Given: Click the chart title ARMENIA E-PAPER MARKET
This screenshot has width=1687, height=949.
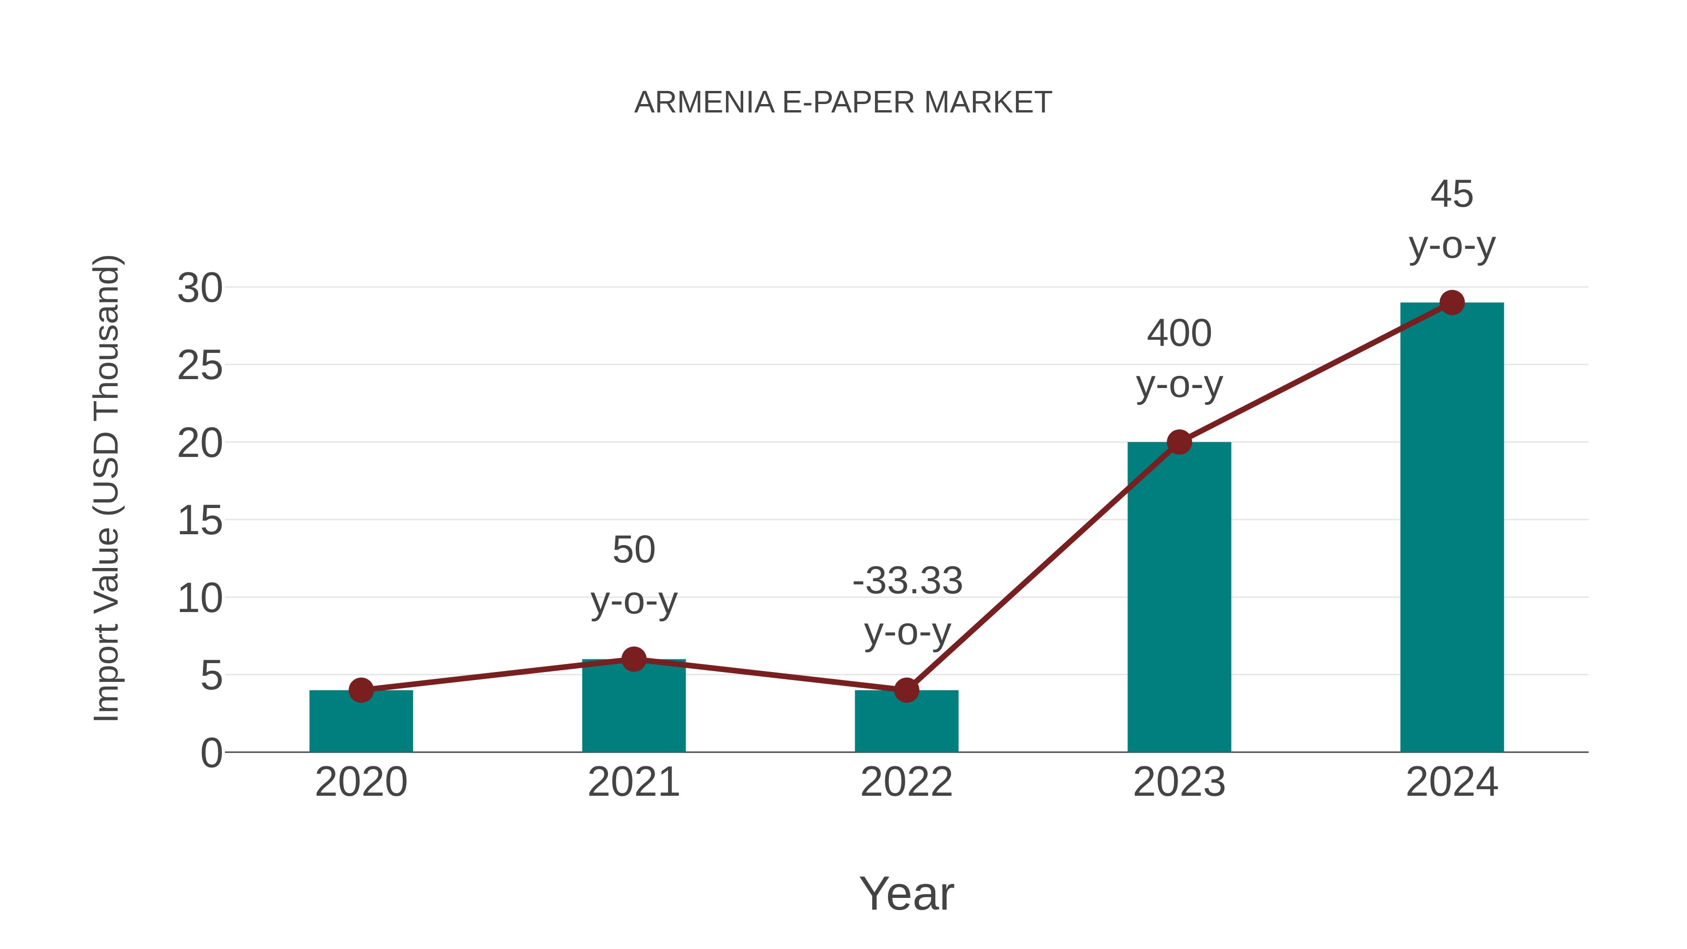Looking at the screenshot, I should tap(843, 103).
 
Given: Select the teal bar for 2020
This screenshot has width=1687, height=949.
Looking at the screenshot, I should tap(361, 724).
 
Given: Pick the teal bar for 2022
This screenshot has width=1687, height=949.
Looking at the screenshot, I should tap(906, 724).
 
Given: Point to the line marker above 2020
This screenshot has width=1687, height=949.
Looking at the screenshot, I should tap(361, 690).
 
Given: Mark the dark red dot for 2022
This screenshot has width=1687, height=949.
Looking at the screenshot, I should tap(906, 690).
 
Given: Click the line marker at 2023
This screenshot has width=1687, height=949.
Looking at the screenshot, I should tap(1179, 442).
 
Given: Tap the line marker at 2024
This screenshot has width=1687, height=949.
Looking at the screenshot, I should tap(1452, 303).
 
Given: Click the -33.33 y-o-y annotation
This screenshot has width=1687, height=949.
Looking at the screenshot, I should tap(907, 606).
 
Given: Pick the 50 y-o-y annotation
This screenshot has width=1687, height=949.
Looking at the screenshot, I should tap(633, 575).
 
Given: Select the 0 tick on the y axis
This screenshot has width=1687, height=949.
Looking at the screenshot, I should tap(211, 753).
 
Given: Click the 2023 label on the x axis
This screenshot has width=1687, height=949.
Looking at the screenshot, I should tap(1179, 782).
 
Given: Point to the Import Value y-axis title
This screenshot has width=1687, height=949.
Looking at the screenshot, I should tap(106, 488).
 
